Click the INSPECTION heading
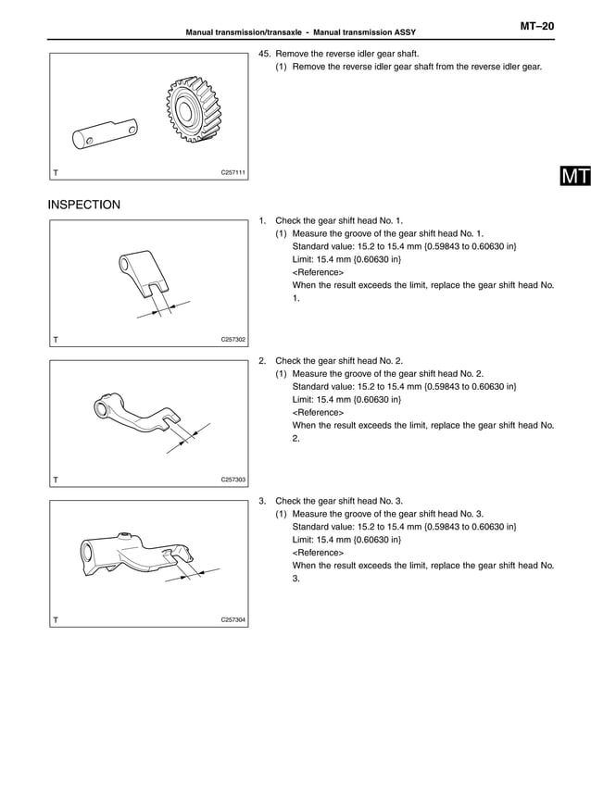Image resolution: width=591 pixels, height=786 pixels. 84,204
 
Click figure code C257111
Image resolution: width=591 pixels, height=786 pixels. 233,172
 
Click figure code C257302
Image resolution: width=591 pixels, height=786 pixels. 233,340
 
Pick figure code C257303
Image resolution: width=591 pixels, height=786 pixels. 233,480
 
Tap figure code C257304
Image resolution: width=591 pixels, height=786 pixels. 233,619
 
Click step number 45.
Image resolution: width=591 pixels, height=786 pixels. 265,54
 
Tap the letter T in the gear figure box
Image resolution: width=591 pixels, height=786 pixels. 57,173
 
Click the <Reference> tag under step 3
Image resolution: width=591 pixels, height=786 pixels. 318,552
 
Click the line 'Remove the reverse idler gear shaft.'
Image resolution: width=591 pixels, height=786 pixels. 347,54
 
